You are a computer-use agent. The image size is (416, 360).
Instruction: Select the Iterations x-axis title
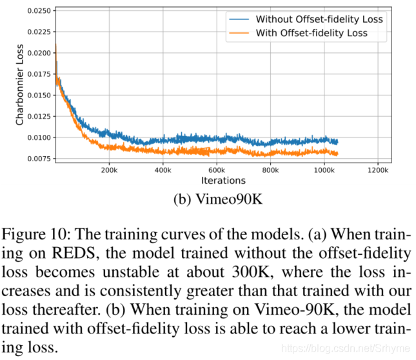coord(223,181)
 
